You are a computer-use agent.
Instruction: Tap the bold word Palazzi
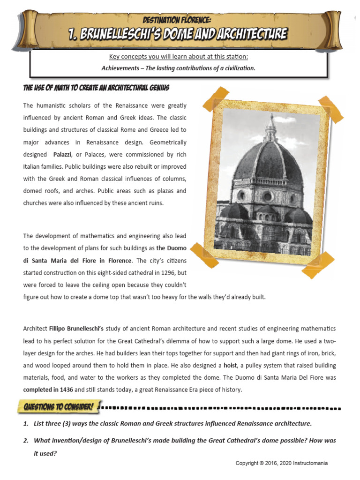point(63,155)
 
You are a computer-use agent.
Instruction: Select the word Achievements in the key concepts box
point(118,68)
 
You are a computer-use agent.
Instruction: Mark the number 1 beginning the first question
point(26,424)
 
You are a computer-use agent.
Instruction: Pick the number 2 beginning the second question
point(26,441)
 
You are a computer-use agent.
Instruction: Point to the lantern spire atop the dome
point(271,127)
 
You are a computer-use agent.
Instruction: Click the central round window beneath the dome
point(267,196)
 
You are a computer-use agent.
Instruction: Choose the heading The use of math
point(96,88)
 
